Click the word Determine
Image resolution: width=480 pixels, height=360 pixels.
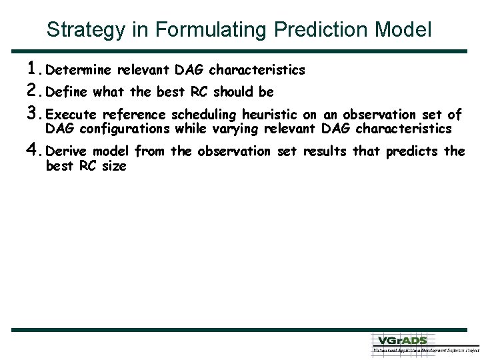coord(80,70)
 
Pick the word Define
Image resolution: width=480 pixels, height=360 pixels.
coord(69,92)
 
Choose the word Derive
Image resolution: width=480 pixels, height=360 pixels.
coord(69,151)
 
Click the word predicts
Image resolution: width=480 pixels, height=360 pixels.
coord(411,151)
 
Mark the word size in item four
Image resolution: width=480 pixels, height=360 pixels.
coord(113,166)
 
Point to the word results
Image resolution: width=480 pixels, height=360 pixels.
coord(327,151)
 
